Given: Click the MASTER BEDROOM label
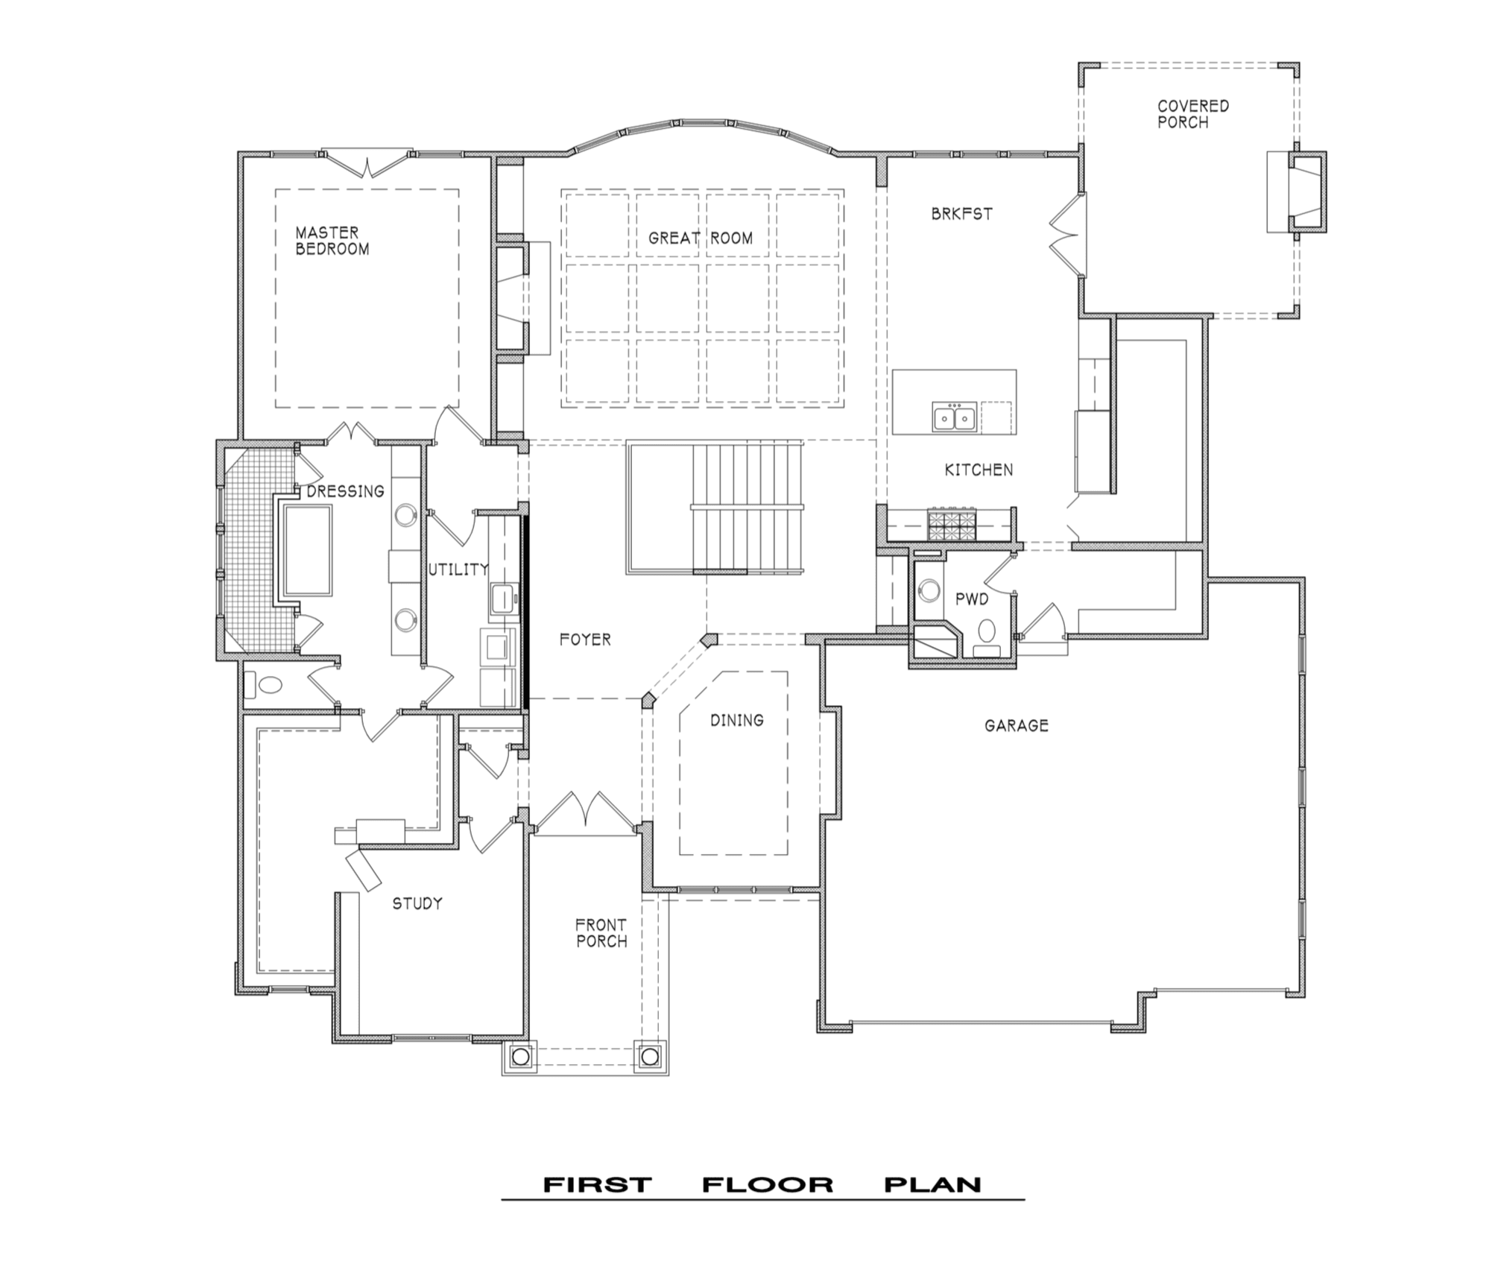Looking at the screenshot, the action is tap(332, 241).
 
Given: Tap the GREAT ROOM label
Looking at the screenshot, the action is tap(701, 238).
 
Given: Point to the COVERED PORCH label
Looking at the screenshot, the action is tap(1193, 114).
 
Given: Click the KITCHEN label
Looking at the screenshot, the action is tap(979, 470).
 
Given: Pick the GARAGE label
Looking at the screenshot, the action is tap(1017, 725).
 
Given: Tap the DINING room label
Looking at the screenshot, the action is tap(736, 720).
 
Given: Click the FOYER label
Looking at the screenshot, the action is tap(585, 639).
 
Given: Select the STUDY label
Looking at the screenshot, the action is tap(417, 903).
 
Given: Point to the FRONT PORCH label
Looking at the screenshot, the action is tap(601, 933).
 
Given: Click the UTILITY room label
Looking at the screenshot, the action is tap(458, 569).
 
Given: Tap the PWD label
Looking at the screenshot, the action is tap(972, 599).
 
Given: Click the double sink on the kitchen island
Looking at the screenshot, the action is tap(954, 417).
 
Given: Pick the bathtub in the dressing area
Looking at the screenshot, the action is tap(308, 550).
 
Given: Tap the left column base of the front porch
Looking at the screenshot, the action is tap(520, 1056).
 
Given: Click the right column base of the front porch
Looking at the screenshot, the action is tap(650, 1056).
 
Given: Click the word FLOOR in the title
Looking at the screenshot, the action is tap(767, 1185).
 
